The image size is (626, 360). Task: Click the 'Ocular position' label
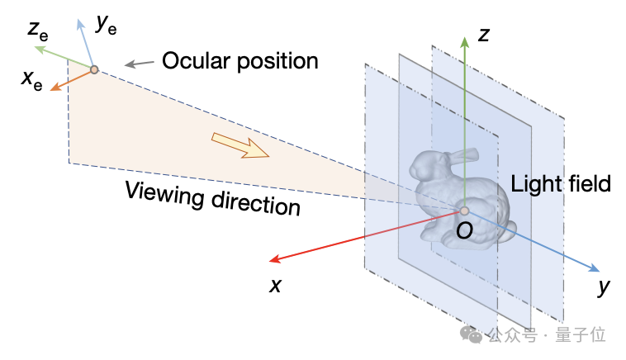[239, 61]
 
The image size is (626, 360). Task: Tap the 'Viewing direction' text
[212, 196]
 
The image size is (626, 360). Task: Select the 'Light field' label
[561, 183]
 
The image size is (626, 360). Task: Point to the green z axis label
[486, 36]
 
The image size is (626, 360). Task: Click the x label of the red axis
[276, 286]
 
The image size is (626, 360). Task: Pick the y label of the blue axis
[604, 287]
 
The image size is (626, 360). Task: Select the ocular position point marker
[94, 69]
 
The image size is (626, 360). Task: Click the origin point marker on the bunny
[464, 211]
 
